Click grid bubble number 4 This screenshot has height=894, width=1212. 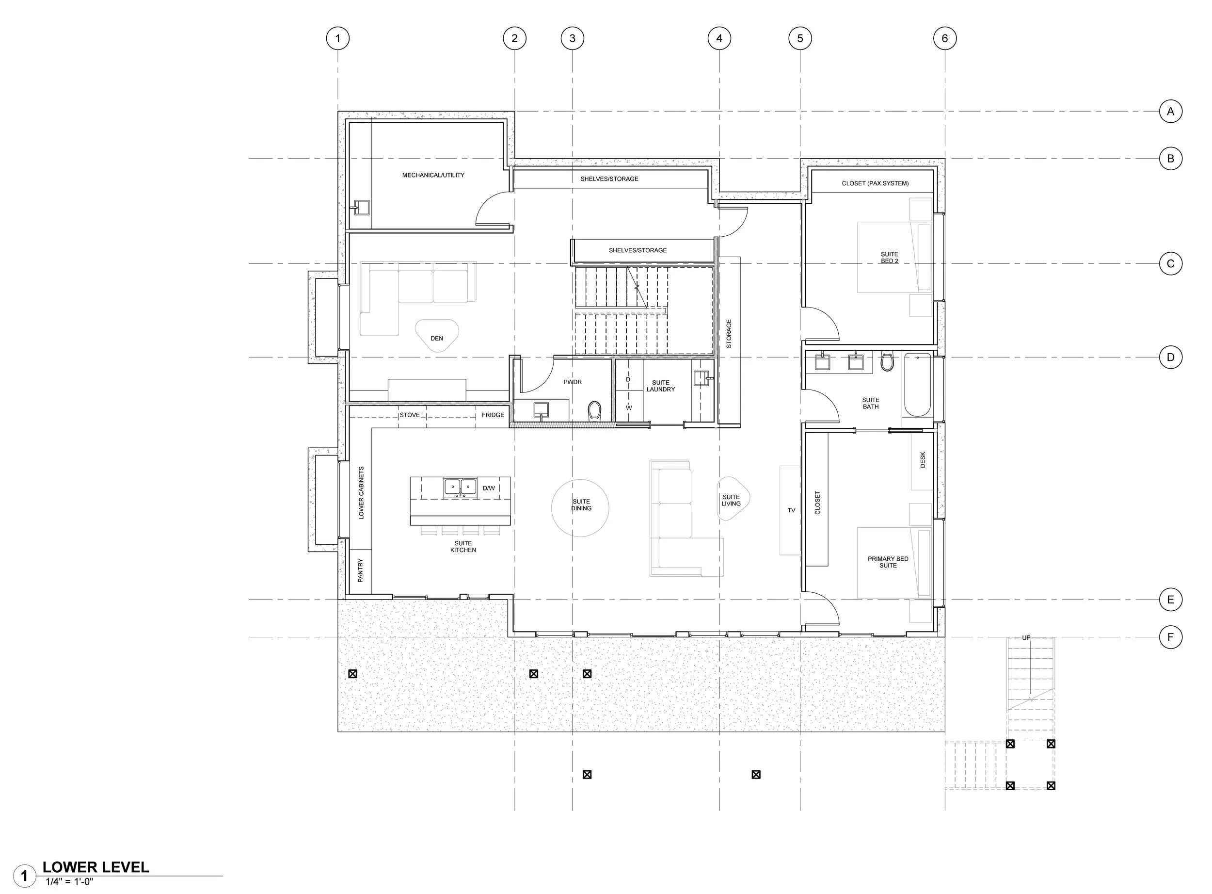[719, 38]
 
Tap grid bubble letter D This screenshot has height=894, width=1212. [1170, 357]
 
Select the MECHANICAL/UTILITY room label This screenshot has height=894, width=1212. [433, 175]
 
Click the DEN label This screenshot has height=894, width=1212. [436, 338]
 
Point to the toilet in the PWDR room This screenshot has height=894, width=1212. [594, 411]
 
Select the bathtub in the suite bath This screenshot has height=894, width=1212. [917, 384]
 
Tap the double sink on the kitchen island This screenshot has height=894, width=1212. [460, 488]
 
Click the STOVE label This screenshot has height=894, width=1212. [409, 415]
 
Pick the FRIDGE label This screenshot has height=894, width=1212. [493, 415]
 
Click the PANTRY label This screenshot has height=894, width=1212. [361, 570]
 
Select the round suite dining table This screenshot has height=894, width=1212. [580, 507]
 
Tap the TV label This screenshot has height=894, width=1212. [791, 510]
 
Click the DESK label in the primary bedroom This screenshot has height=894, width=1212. [923, 460]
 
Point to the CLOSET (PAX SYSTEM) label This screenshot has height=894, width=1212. [875, 183]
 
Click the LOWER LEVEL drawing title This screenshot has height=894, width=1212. [96, 867]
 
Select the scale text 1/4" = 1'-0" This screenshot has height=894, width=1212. [69, 881]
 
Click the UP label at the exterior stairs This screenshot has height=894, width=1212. [1026, 638]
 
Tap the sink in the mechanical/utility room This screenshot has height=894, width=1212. [361, 207]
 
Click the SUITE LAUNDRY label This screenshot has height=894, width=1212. [660, 386]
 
